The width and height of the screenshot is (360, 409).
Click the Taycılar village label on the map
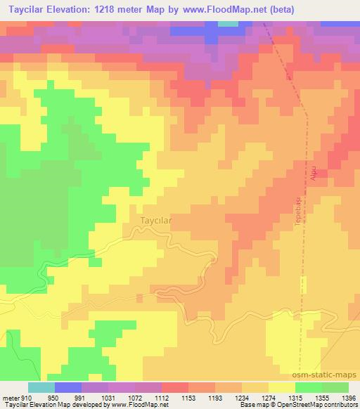[x=152, y=220]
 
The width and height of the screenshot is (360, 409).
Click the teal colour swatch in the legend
[x=41, y=387]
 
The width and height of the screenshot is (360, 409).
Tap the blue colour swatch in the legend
[x=67, y=387]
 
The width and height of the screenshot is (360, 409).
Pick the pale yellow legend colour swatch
[x=282, y=387]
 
